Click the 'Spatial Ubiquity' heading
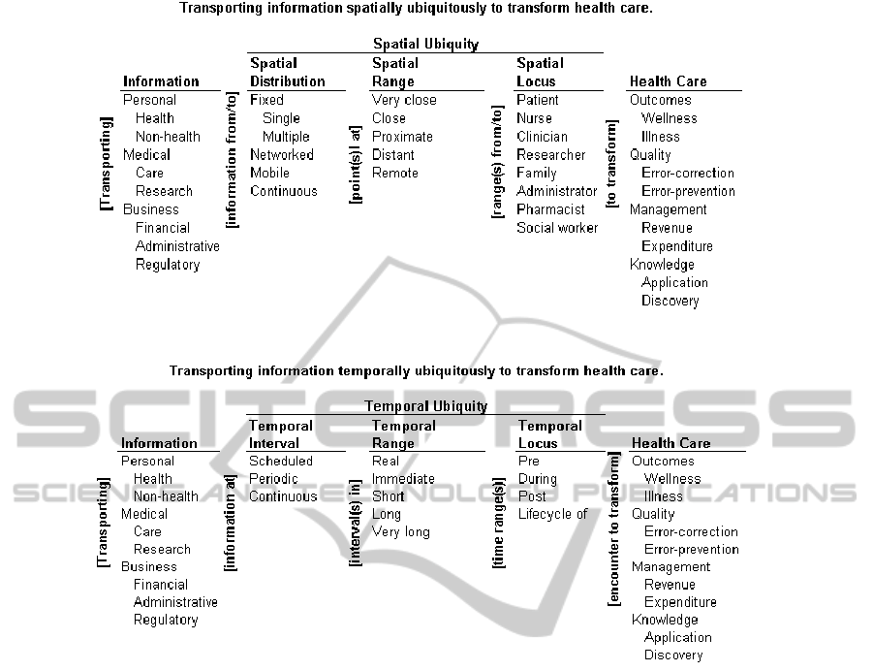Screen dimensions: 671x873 pos(425,44)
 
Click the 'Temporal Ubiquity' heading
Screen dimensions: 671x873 pos(425,406)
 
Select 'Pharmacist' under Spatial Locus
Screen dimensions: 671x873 pos(550,209)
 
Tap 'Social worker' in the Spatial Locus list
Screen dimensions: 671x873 pos(557,228)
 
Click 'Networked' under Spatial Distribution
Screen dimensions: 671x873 pos(281,155)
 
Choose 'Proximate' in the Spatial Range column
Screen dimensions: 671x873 pos(402,137)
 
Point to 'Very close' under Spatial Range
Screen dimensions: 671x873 pos(404,100)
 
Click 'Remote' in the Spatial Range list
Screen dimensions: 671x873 pos(394,173)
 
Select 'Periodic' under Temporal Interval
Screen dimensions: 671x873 pos(274,479)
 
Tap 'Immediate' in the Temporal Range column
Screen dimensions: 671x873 pos(403,479)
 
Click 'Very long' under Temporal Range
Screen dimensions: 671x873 pos(400,532)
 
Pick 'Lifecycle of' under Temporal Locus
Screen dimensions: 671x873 pos(552,514)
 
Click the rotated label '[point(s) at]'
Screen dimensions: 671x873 pos(356,164)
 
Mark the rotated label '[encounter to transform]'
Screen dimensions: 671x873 pos(613,529)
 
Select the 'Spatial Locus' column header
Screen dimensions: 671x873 pos(540,73)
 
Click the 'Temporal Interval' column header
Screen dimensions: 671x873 pos(281,434)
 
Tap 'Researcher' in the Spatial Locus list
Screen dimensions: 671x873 pos(550,155)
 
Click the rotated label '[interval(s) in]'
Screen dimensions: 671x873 pos(356,523)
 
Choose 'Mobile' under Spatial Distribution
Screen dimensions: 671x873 pos(271,173)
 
